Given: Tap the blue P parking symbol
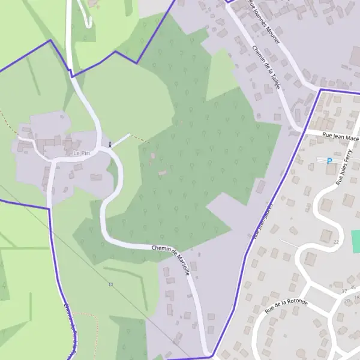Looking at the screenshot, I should (x=329, y=161).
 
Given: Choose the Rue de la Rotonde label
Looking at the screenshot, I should (x=286, y=307).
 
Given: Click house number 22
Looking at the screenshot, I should (x=336, y=242).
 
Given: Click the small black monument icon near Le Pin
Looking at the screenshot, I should (x=110, y=144).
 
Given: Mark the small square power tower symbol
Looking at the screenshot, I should (x=110, y=284).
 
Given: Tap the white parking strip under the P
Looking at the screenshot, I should (x=329, y=167).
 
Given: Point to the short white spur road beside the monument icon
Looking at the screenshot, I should (x=121, y=140).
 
